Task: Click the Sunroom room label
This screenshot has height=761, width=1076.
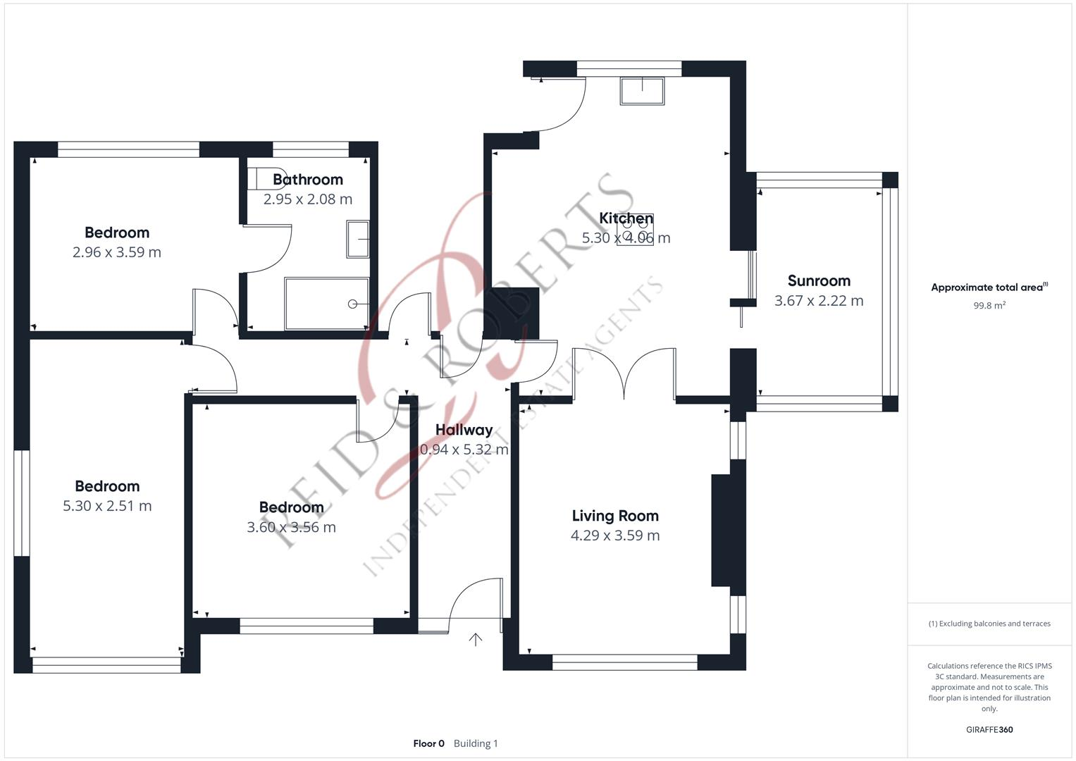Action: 819,281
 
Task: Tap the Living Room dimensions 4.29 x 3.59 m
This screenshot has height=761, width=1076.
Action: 615,536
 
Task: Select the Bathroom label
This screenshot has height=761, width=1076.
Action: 308,180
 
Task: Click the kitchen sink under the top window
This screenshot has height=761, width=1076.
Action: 642,91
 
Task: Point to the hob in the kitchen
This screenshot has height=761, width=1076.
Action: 635,230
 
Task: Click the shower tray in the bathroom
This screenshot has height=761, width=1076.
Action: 326,304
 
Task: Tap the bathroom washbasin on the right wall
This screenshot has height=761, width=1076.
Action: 358,240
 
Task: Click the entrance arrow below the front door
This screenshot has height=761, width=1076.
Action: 476,639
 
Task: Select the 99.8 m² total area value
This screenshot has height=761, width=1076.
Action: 989,306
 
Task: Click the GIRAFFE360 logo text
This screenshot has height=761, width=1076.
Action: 989,730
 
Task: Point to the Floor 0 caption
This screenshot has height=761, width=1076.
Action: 428,743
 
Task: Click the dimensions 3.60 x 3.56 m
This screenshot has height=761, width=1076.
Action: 291,527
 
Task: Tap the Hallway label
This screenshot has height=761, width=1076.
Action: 464,430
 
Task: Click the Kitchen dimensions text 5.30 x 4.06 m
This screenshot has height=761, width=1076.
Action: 626,238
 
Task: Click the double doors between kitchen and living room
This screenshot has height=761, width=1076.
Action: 624,373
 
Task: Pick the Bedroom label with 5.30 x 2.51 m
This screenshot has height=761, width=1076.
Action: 107,486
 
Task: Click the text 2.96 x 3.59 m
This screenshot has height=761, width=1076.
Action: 117,252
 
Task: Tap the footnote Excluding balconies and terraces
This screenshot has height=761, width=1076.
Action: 989,624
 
